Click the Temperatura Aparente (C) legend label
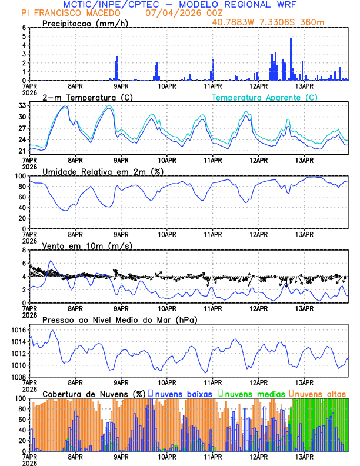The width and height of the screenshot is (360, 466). [264, 97]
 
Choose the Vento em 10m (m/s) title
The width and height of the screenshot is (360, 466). [87, 245]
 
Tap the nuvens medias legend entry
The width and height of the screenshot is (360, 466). [253, 393]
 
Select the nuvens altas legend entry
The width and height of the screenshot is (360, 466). [321, 393]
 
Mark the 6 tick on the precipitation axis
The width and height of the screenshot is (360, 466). [24, 28]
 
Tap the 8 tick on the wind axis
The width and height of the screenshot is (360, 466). [24, 250]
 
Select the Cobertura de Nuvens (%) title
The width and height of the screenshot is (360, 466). [94, 393]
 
